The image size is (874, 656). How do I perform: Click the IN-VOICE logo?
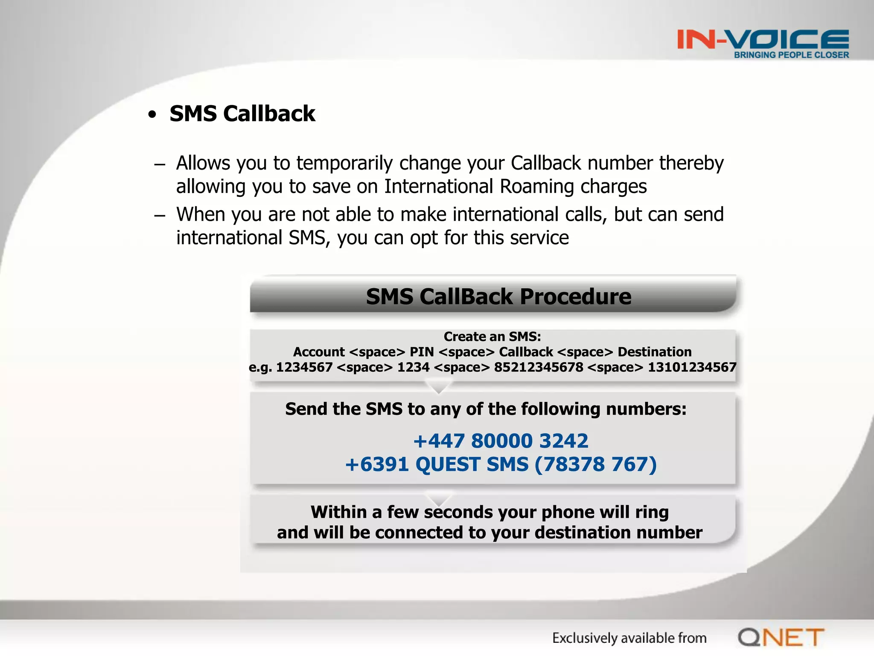click(763, 40)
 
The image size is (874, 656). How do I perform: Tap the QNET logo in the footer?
click(781, 638)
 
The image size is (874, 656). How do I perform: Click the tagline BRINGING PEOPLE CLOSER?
click(791, 55)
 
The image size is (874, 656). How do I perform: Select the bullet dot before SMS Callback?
click(152, 114)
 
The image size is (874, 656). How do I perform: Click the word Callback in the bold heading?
click(269, 114)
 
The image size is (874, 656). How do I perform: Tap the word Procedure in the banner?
click(575, 296)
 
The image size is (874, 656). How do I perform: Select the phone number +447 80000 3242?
click(501, 441)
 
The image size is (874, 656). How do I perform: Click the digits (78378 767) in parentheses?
click(595, 464)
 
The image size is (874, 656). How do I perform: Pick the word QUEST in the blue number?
click(448, 464)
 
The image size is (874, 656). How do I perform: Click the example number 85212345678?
click(538, 367)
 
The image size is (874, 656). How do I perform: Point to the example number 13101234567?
click(692, 367)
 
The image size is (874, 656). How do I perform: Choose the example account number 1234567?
click(304, 367)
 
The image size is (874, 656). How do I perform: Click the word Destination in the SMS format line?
click(655, 352)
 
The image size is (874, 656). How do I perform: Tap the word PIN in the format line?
click(422, 352)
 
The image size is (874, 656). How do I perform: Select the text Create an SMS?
click(492, 337)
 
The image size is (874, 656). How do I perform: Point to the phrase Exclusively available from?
click(629, 638)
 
